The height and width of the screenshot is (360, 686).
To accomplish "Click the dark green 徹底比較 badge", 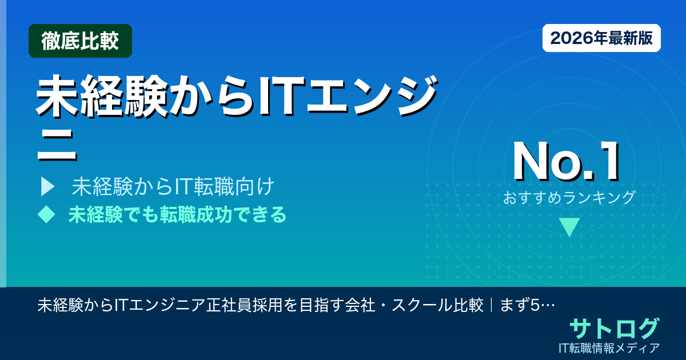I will [x=80, y=41].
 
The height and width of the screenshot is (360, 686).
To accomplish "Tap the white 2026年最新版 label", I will [x=601, y=38].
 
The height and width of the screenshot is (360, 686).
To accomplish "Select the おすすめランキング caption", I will [x=569, y=198].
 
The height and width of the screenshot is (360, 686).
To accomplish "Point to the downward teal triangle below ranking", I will [x=569, y=226].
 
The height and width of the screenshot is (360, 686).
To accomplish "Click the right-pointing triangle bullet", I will [x=47, y=186].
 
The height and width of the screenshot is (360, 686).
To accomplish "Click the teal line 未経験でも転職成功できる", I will [x=177, y=215].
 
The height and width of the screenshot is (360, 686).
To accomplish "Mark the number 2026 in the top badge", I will [x=569, y=38].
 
